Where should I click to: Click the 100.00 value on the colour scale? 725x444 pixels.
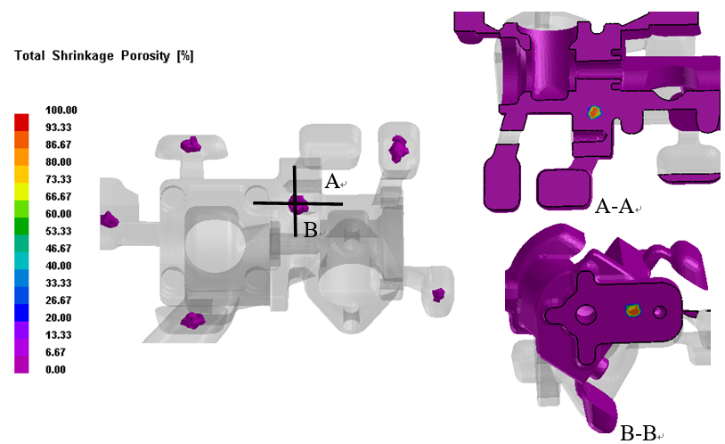[61, 111]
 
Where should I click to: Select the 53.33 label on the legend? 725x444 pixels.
[58, 231]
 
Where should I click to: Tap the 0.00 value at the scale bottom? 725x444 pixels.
[55, 369]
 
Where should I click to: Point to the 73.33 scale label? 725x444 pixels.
[58, 179]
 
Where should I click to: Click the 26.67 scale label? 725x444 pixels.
[58, 300]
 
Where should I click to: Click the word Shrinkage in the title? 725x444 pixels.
[83, 56]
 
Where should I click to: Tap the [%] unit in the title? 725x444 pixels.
[185, 56]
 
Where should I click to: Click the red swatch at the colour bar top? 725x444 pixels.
[21, 122]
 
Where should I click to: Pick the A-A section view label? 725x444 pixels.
[614, 206]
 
